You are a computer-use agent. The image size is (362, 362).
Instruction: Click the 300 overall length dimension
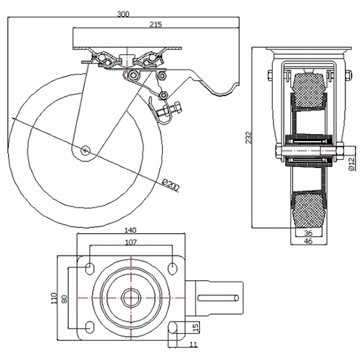123,14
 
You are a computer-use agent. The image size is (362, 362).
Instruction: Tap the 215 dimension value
156,25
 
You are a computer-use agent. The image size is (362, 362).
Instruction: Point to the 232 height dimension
248,138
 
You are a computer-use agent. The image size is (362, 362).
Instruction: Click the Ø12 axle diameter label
352,164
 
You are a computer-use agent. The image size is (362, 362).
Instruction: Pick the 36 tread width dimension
308,233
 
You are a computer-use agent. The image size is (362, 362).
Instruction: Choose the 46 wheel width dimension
308,240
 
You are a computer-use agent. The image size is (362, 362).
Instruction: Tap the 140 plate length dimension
130,230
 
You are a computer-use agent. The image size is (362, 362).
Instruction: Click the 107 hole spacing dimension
131,242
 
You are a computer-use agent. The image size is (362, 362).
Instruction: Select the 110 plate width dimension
54,298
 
